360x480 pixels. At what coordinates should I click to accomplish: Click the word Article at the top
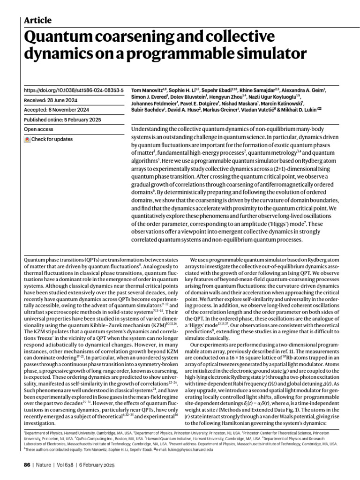point(37,20)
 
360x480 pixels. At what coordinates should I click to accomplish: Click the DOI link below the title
point(74,89)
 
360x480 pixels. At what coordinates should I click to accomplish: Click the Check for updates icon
point(27,139)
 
